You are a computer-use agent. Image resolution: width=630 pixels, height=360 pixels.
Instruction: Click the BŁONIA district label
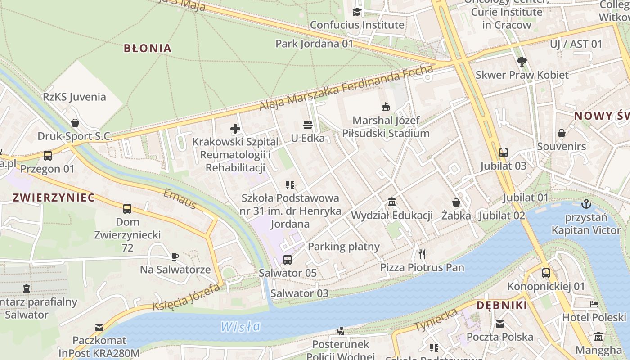pos(148,48)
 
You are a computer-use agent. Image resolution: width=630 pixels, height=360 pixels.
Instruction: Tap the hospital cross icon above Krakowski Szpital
pos(235,129)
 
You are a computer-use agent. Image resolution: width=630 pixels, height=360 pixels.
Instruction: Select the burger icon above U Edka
pos(308,125)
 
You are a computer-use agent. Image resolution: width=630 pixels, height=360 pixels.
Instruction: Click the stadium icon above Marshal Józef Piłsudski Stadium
pos(386,107)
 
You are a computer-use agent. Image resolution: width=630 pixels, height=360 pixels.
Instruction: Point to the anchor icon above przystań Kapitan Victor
pos(585,204)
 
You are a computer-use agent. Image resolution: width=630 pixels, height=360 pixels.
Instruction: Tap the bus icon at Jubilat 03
pos(503,153)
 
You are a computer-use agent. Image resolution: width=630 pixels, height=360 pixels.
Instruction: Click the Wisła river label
pos(240,326)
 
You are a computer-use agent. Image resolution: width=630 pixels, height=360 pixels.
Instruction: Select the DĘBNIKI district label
pos(502,306)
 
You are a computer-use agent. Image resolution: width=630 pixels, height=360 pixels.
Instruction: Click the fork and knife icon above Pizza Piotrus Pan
pos(422,254)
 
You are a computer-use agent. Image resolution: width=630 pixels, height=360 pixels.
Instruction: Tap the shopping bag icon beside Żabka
pos(456,202)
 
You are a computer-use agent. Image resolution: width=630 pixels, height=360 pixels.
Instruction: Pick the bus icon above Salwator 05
pos(287,260)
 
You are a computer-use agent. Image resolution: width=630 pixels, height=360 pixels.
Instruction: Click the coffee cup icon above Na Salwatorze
pos(175,256)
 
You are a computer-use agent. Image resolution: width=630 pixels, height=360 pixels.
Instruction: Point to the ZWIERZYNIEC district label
pos(54,198)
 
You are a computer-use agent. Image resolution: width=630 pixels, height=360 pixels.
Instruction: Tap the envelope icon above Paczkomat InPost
pos(99,327)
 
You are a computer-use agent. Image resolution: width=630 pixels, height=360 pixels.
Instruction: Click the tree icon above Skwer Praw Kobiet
pos(522,62)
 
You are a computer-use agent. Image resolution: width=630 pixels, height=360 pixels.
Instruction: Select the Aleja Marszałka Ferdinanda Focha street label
pos(346,88)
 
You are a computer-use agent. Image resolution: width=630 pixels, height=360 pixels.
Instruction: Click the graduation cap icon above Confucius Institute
pos(357,12)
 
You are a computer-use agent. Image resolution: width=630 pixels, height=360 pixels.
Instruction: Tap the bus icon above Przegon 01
pos(47,156)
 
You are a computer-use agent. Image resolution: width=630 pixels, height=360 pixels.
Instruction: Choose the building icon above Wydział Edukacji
pos(391,202)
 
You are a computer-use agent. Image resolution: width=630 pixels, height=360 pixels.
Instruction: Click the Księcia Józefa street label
pos(186,297)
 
